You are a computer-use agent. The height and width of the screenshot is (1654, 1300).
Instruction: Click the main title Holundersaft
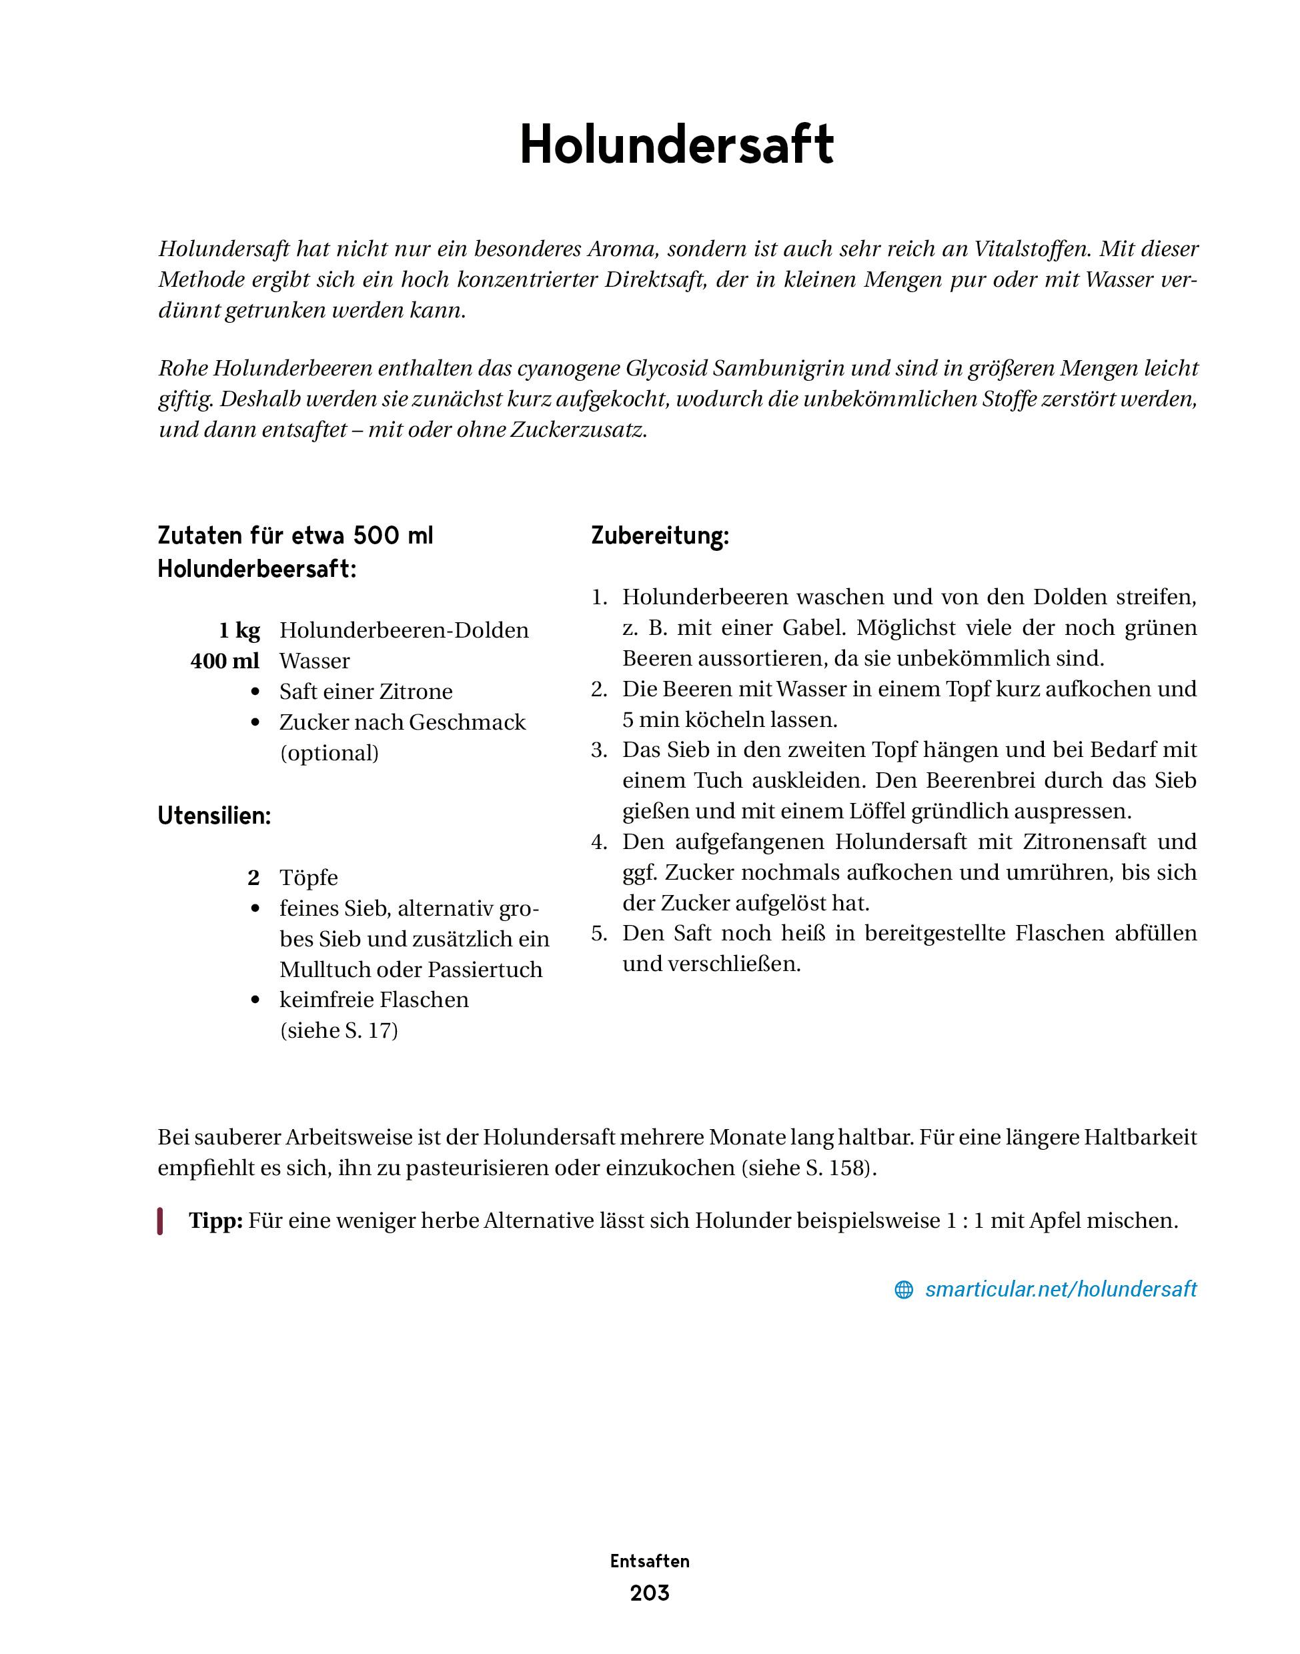[676, 145]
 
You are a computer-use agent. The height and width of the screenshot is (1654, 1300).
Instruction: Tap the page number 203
[649, 1593]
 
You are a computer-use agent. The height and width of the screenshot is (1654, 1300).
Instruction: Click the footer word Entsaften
[649, 1561]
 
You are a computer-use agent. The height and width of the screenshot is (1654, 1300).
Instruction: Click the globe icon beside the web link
[903, 1289]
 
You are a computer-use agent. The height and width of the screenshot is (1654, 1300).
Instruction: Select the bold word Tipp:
[215, 1220]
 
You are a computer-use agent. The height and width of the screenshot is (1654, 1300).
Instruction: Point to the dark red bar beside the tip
[161, 1221]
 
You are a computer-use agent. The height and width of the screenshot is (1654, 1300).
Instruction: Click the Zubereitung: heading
[660, 536]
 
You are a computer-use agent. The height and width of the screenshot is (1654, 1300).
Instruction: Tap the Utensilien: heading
[214, 816]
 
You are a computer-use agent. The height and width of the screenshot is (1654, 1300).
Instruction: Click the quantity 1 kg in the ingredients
[239, 630]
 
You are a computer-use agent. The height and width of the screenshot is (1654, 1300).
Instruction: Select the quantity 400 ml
[225, 661]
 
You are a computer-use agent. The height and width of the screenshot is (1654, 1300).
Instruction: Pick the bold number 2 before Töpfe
[253, 878]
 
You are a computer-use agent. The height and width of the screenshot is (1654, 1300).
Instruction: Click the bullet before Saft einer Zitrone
[255, 692]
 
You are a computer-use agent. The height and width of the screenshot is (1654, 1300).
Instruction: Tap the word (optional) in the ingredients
[329, 753]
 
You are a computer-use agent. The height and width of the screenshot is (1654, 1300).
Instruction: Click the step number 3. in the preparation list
[599, 750]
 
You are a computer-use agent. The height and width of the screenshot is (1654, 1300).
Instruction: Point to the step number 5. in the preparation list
[599, 933]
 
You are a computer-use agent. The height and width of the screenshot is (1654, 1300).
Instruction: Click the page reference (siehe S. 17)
[339, 1030]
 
